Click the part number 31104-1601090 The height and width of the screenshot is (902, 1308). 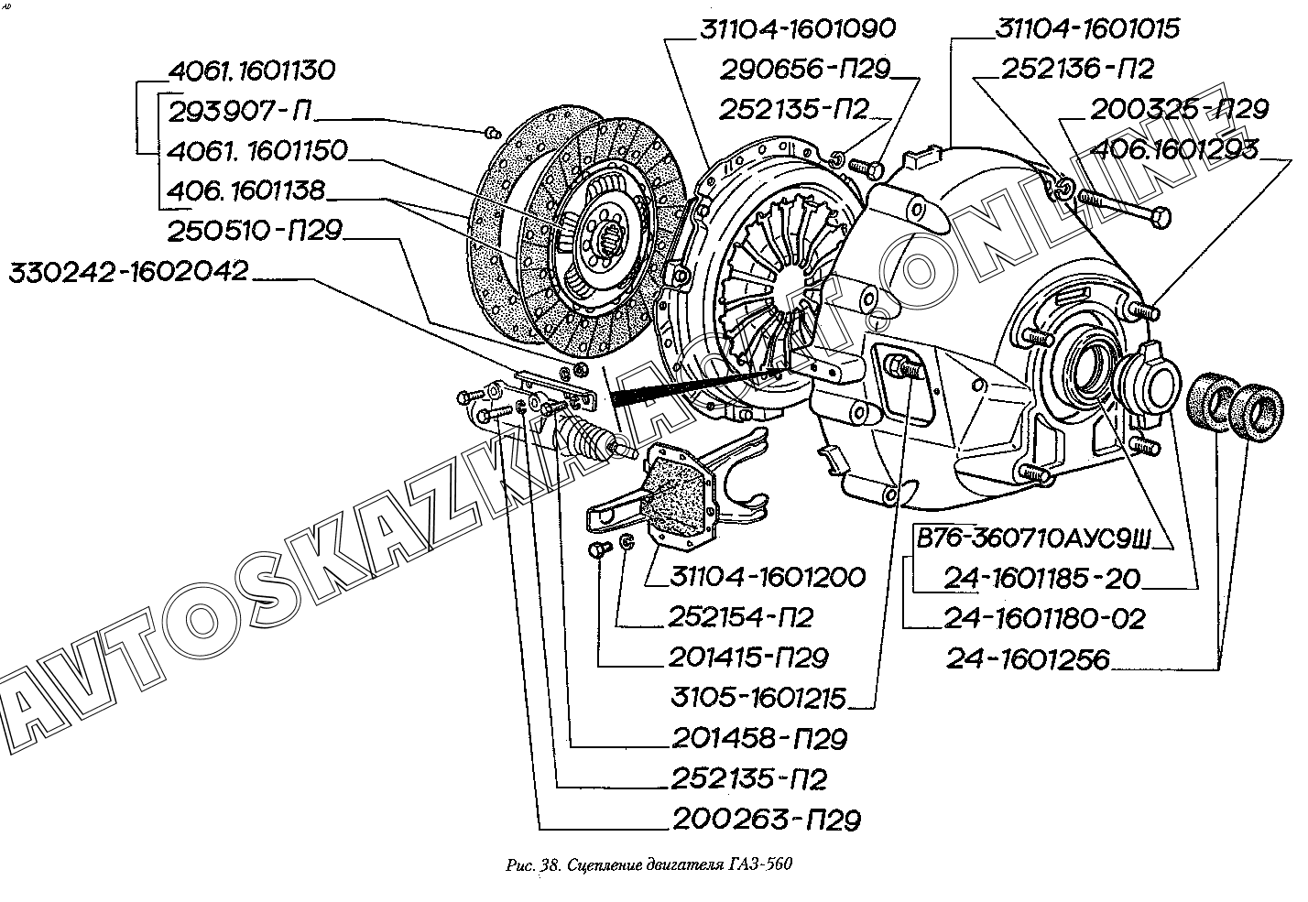pyautogui.click(x=797, y=28)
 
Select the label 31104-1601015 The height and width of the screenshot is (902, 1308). pyautogui.click(x=1087, y=28)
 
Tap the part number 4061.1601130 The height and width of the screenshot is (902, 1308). pyautogui.click(x=252, y=71)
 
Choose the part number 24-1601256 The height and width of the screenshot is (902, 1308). pyautogui.click(x=1027, y=660)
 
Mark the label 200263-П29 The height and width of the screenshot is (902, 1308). pyautogui.click(x=766, y=820)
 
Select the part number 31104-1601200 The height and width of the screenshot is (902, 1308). pyautogui.click(x=767, y=577)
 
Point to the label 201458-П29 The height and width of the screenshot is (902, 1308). pyautogui.click(x=758, y=738)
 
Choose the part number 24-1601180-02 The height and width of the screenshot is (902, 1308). pyautogui.click(x=1043, y=619)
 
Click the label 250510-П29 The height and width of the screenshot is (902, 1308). pyautogui.click(x=254, y=232)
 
